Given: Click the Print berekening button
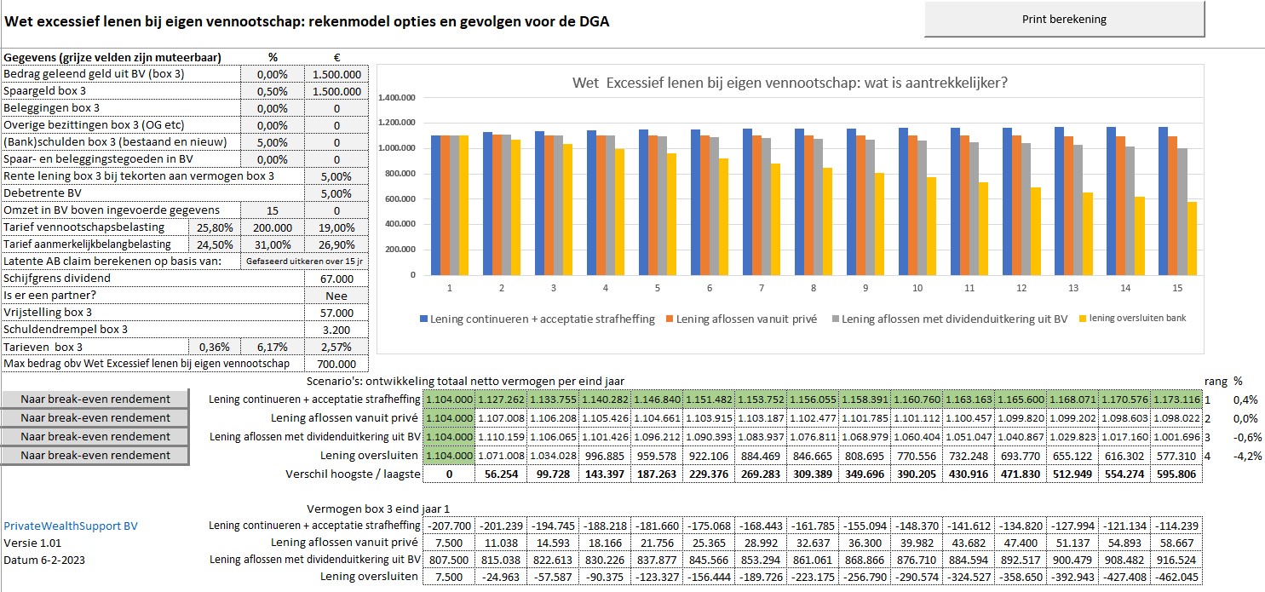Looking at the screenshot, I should click(x=1064, y=20).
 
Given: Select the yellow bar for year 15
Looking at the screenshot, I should click(x=1191, y=239).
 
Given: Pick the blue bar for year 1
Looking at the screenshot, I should click(x=435, y=205).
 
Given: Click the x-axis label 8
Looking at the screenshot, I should click(x=814, y=288).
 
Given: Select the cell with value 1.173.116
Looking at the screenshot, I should click(x=1178, y=399).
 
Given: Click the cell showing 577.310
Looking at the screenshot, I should click(x=1178, y=456).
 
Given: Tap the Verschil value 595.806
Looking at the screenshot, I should click(x=1178, y=474).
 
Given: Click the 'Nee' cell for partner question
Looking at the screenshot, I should click(x=336, y=296).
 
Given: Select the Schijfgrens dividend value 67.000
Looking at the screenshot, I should click(x=336, y=279).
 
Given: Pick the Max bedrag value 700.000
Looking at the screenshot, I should click(x=336, y=364).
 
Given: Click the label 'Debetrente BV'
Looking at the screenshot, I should click(x=43, y=193).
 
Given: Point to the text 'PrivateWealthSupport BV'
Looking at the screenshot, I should click(x=71, y=526).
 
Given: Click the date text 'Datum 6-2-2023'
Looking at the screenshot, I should click(x=44, y=560).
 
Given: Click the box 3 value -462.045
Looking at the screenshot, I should click(x=1178, y=577).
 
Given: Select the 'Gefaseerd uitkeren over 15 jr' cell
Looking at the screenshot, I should click(x=305, y=262).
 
